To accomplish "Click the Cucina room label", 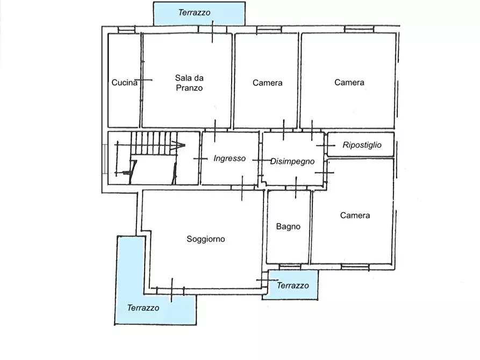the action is pyautogui.click(x=124, y=83).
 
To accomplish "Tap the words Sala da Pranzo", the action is pyautogui.click(x=189, y=83).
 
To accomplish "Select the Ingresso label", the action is pyautogui.click(x=230, y=159).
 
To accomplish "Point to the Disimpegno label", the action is pyautogui.click(x=292, y=161).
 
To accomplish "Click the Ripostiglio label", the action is pyautogui.click(x=362, y=145).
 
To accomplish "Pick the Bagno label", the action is pyautogui.click(x=288, y=227).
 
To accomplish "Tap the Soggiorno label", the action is pyautogui.click(x=206, y=239).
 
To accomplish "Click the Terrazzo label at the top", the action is pyautogui.click(x=194, y=12).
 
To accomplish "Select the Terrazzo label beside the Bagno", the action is pyautogui.click(x=292, y=286).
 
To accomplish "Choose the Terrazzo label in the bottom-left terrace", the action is pyautogui.click(x=143, y=308).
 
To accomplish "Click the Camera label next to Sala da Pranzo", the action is pyautogui.click(x=267, y=83).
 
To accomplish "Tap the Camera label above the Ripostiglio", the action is pyautogui.click(x=349, y=82).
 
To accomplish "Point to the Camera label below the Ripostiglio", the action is pyautogui.click(x=355, y=215).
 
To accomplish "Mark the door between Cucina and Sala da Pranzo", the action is pyautogui.click(x=142, y=80).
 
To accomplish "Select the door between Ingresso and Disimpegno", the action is pyautogui.click(x=261, y=160).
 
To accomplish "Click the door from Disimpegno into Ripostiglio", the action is pyautogui.click(x=326, y=146).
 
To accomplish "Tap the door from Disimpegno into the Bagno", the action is pyautogui.click(x=296, y=188).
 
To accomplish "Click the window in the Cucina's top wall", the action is pyautogui.click(x=126, y=30).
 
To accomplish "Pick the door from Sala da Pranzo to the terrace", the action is pyautogui.click(x=212, y=30).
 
